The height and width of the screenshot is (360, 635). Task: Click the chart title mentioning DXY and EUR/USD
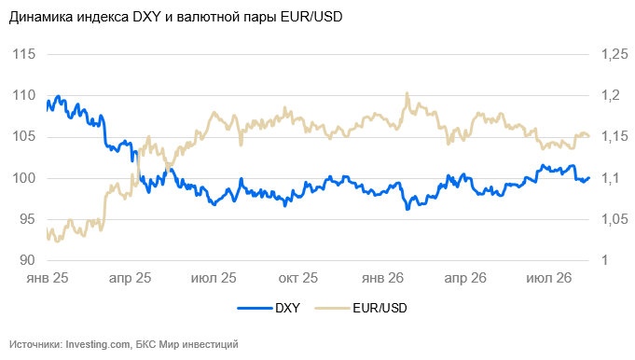(175, 17)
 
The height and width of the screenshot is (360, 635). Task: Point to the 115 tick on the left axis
(24, 54)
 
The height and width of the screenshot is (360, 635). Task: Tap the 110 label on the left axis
(24, 95)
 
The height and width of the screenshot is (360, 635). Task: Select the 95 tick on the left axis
(27, 219)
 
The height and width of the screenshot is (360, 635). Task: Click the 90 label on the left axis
(27, 260)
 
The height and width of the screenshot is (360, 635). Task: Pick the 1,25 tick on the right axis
(614, 54)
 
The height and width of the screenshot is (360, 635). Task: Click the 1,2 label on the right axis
(611, 95)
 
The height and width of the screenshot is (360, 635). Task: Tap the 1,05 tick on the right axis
(614, 219)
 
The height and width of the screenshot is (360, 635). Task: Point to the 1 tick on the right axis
(605, 260)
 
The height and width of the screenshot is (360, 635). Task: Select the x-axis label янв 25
(48, 278)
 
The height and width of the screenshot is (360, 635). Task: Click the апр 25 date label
(130, 278)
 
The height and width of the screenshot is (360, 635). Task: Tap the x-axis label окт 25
(298, 278)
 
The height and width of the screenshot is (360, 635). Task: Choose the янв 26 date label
(382, 278)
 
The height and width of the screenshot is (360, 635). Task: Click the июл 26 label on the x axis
(548, 278)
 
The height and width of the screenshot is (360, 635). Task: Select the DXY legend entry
(269, 308)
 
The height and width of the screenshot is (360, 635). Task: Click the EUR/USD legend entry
(361, 308)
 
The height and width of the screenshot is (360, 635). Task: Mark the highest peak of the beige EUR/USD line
(407, 93)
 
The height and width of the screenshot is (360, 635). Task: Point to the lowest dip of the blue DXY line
(407, 209)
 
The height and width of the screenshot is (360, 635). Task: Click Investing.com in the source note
(98, 345)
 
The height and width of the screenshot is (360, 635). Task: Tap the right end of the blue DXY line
(588, 178)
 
